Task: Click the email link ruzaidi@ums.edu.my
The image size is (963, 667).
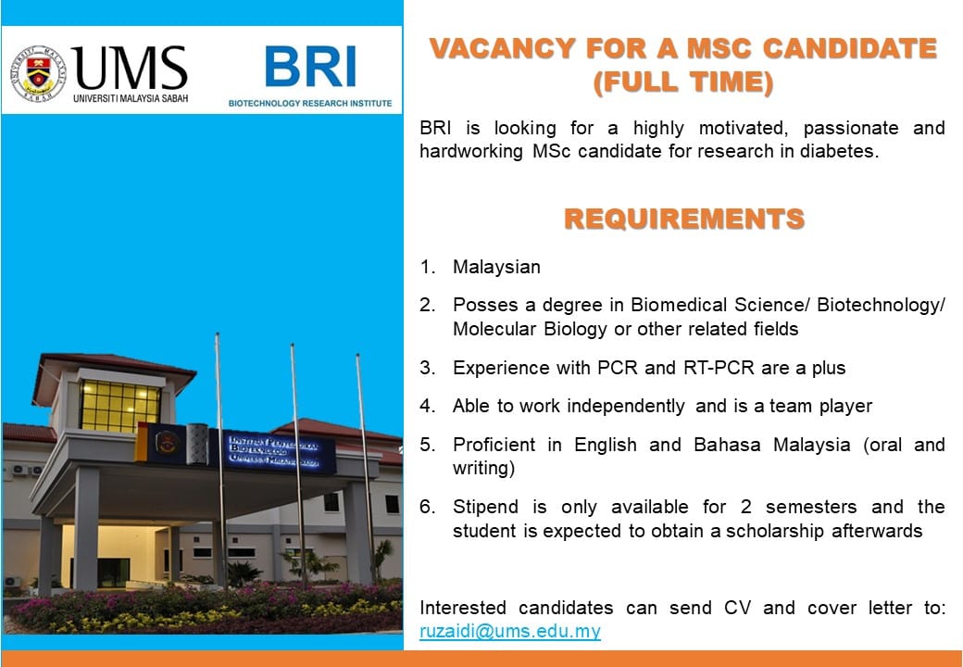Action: click(x=510, y=632)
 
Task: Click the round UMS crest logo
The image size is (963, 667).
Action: click(x=39, y=73)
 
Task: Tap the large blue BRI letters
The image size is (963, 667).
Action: click(x=310, y=67)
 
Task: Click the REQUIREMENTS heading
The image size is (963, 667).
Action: click(x=684, y=219)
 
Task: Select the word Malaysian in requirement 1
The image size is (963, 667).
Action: click(x=496, y=267)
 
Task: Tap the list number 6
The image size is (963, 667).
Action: click(x=427, y=507)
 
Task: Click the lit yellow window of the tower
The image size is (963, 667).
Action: click(x=119, y=406)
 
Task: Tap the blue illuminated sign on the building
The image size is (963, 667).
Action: click(x=272, y=452)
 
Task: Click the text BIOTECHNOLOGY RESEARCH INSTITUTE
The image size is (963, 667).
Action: click(x=310, y=103)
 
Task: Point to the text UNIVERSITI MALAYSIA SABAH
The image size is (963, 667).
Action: click(x=131, y=98)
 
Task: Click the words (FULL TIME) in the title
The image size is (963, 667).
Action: click(x=683, y=82)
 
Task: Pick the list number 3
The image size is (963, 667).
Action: click(x=427, y=368)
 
